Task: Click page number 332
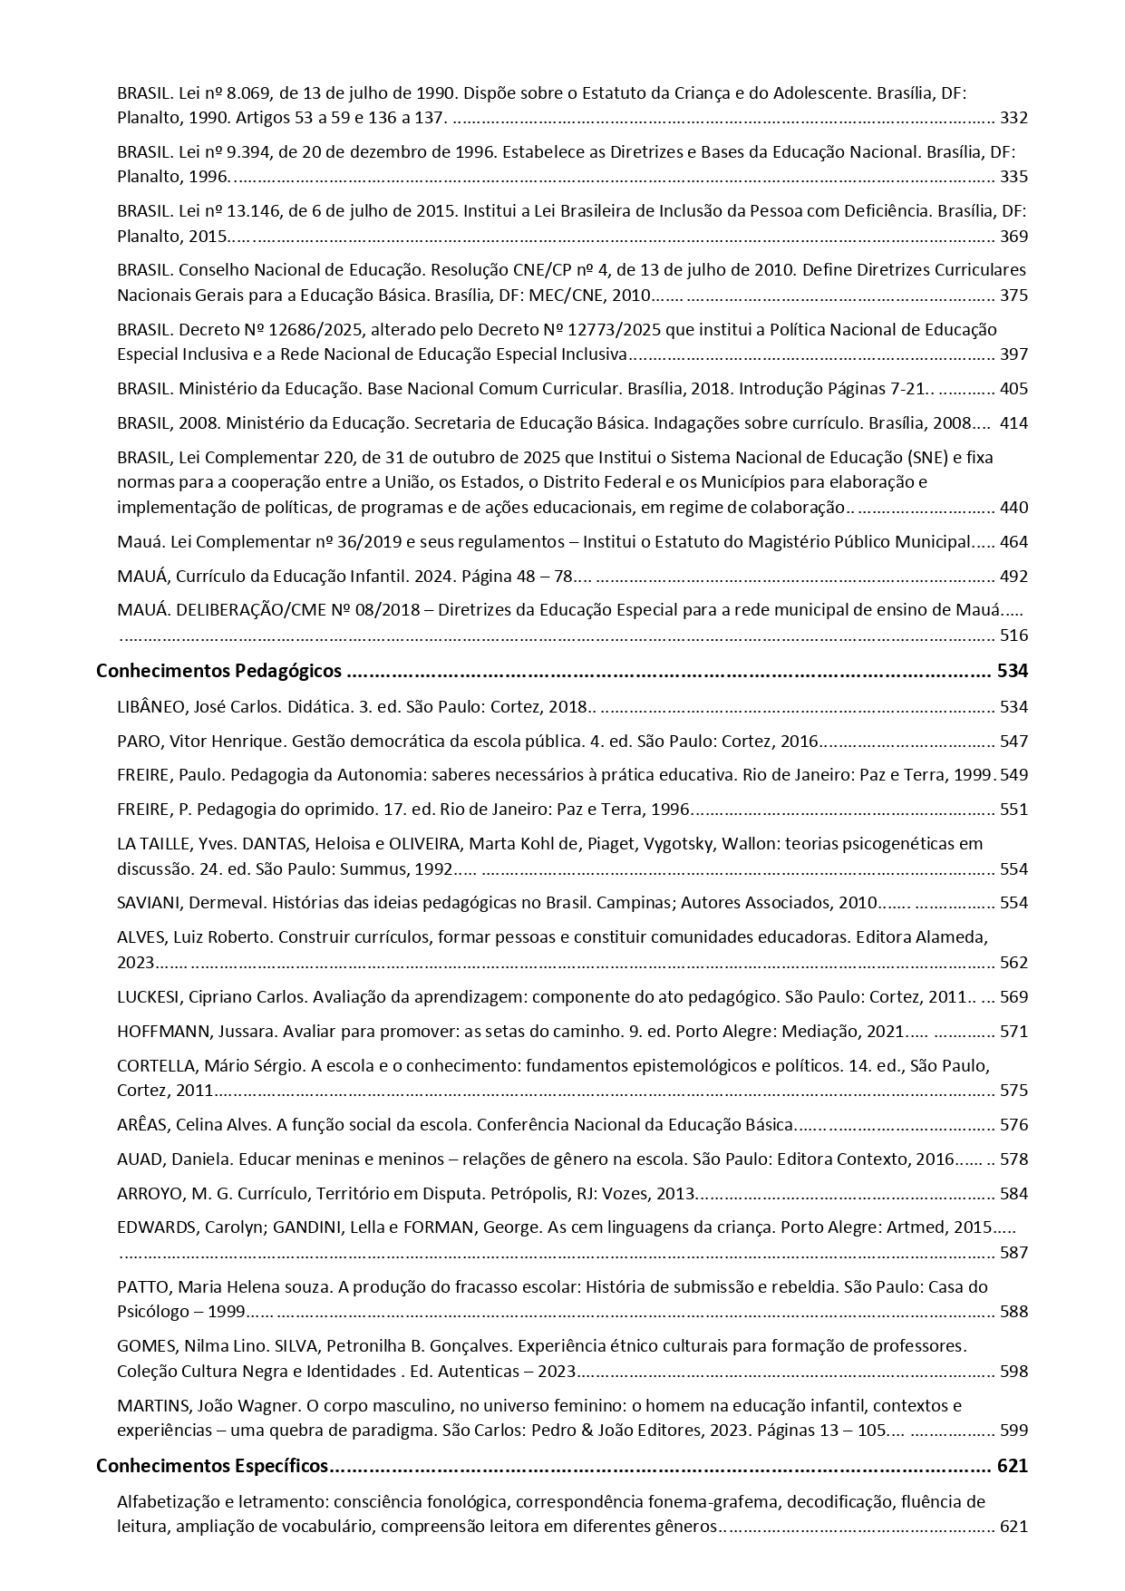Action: (1013, 118)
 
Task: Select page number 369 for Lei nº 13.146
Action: (1013, 237)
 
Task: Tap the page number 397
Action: (1013, 354)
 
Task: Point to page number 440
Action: (1013, 508)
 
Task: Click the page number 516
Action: (1013, 635)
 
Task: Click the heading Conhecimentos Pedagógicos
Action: (218, 672)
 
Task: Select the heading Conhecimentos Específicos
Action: (212, 1466)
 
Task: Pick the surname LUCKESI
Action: (149, 997)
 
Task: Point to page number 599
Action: (1013, 1431)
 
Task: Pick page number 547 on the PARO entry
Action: (1013, 742)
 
